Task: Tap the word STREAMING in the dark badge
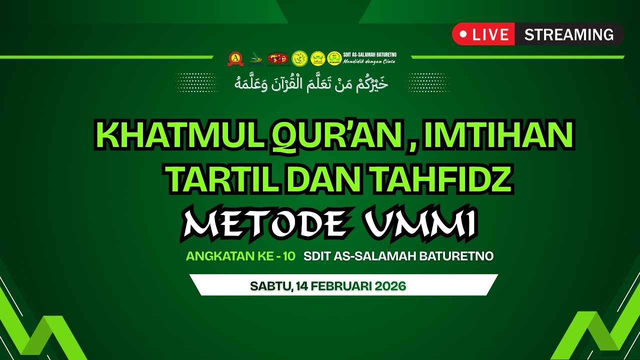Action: (569, 34)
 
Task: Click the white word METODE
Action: (264, 223)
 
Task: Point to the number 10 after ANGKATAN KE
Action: (288, 256)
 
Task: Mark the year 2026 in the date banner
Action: (388, 286)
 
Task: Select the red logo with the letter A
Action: (235, 58)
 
